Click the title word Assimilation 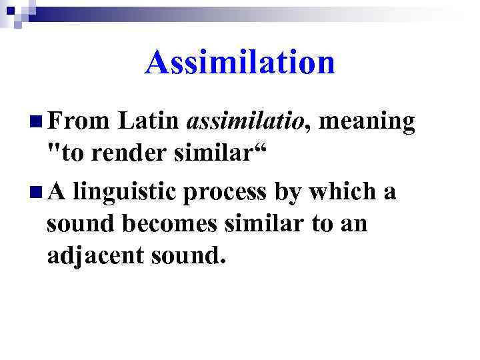click(x=239, y=63)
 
